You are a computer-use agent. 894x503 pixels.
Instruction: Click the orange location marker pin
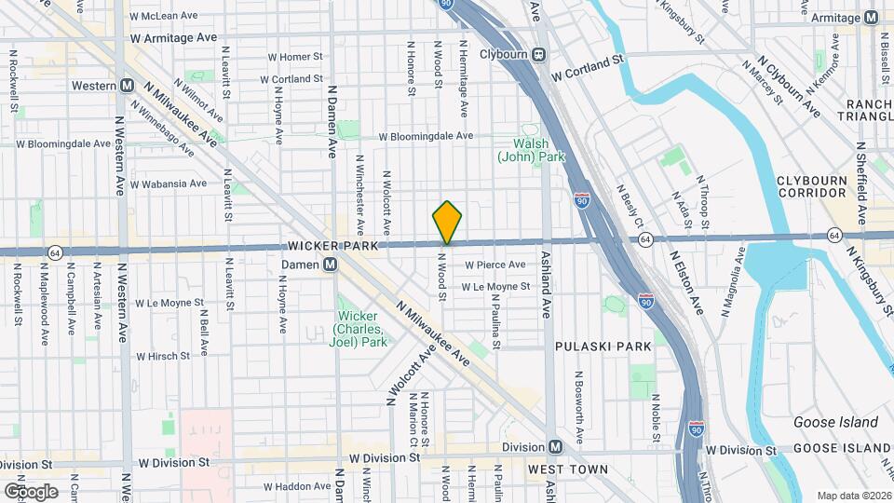(447, 222)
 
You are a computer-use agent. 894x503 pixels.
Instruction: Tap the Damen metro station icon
(330, 265)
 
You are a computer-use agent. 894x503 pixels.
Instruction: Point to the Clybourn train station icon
(539, 54)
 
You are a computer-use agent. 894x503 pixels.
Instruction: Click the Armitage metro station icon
(872, 18)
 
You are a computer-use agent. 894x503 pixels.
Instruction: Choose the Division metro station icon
(555, 447)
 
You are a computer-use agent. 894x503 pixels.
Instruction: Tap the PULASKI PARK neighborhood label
(603, 347)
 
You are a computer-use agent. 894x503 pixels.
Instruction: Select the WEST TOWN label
(568, 469)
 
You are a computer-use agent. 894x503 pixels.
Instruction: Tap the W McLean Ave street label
(164, 16)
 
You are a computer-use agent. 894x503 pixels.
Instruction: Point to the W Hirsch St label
(163, 356)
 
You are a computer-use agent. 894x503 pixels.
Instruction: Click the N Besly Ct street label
(630, 208)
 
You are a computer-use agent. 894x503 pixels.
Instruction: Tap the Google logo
(31, 491)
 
